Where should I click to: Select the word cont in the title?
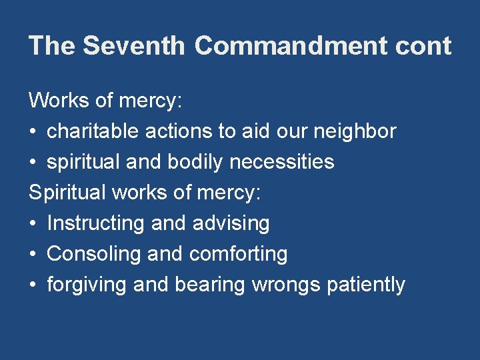423,46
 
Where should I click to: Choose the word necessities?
294,162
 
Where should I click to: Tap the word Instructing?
97,223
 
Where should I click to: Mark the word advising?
231,223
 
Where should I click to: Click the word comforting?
239,254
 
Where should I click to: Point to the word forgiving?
87,285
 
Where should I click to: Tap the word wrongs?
286,285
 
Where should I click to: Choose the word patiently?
366,285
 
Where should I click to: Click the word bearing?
210,285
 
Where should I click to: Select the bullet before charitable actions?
33,132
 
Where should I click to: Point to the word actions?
175,131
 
